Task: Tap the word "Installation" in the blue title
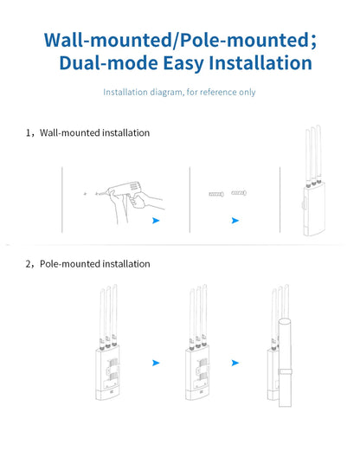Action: [255, 63]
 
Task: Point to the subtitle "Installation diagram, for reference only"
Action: [179, 93]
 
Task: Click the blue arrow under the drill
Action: [155, 221]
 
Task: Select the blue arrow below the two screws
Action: [235, 221]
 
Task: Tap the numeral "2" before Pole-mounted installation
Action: [29, 264]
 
